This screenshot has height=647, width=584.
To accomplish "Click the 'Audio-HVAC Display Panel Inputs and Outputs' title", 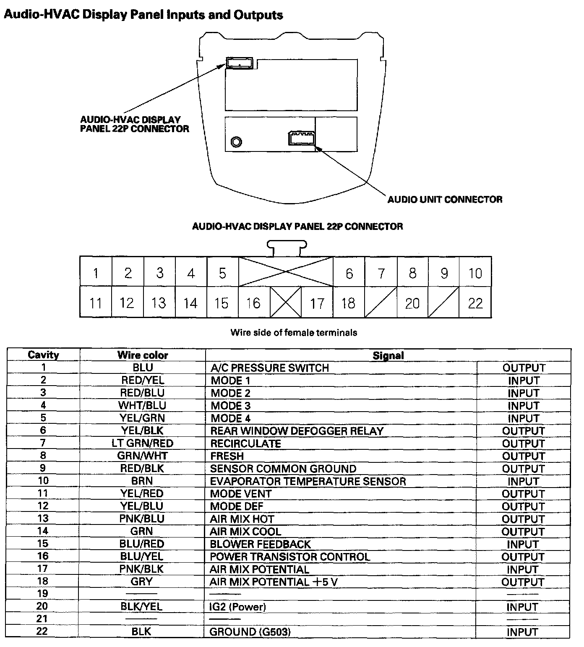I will coord(143,15).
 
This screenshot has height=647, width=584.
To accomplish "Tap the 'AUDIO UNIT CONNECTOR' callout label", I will coord(445,199).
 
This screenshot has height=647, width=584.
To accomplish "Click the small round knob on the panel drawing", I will coord(236,142).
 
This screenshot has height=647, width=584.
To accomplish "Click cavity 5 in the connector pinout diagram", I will coord(222,274).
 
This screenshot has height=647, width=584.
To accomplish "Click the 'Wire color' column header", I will coord(143,355).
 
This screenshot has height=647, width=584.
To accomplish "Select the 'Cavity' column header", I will coord(43,355).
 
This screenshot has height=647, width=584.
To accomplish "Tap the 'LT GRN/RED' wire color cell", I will coord(142,444).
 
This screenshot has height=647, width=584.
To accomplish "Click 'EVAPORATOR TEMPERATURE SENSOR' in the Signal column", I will coord(308,481).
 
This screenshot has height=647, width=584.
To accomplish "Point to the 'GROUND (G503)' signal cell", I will coord(250,632).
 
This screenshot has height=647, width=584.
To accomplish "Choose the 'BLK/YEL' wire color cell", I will coord(141,607).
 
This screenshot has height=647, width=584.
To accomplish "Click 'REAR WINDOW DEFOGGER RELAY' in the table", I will coord(297,431).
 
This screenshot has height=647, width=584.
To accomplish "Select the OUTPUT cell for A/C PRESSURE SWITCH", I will coord(524,368).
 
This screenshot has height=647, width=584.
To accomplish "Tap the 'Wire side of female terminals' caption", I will coord(294,333).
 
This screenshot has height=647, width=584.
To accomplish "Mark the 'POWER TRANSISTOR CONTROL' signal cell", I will coord(289,557).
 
